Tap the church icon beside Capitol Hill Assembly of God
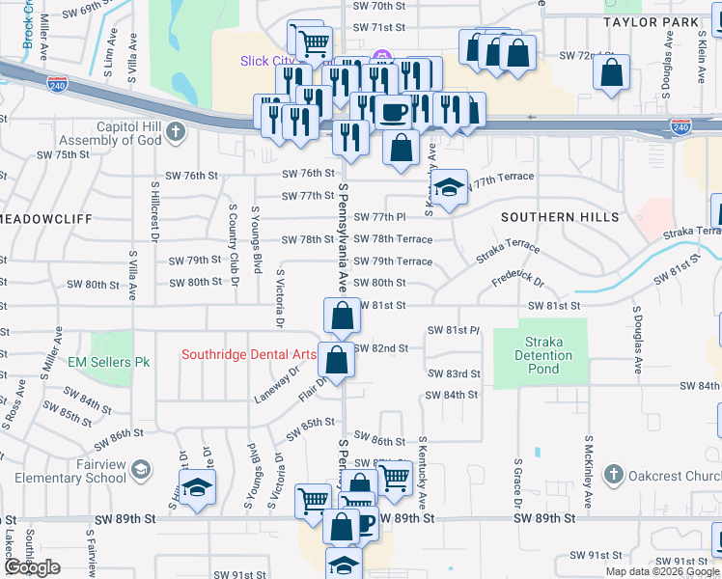click(175, 132)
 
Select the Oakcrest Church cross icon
click(612, 475)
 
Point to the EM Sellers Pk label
click(110, 363)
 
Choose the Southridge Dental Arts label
click(249, 354)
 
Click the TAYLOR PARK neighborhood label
click(664, 21)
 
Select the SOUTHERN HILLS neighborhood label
click(561, 217)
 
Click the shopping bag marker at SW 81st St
click(342, 315)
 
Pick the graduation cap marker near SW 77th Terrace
click(449, 188)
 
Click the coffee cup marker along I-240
click(393, 112)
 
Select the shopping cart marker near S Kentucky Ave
click(394, 477)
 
